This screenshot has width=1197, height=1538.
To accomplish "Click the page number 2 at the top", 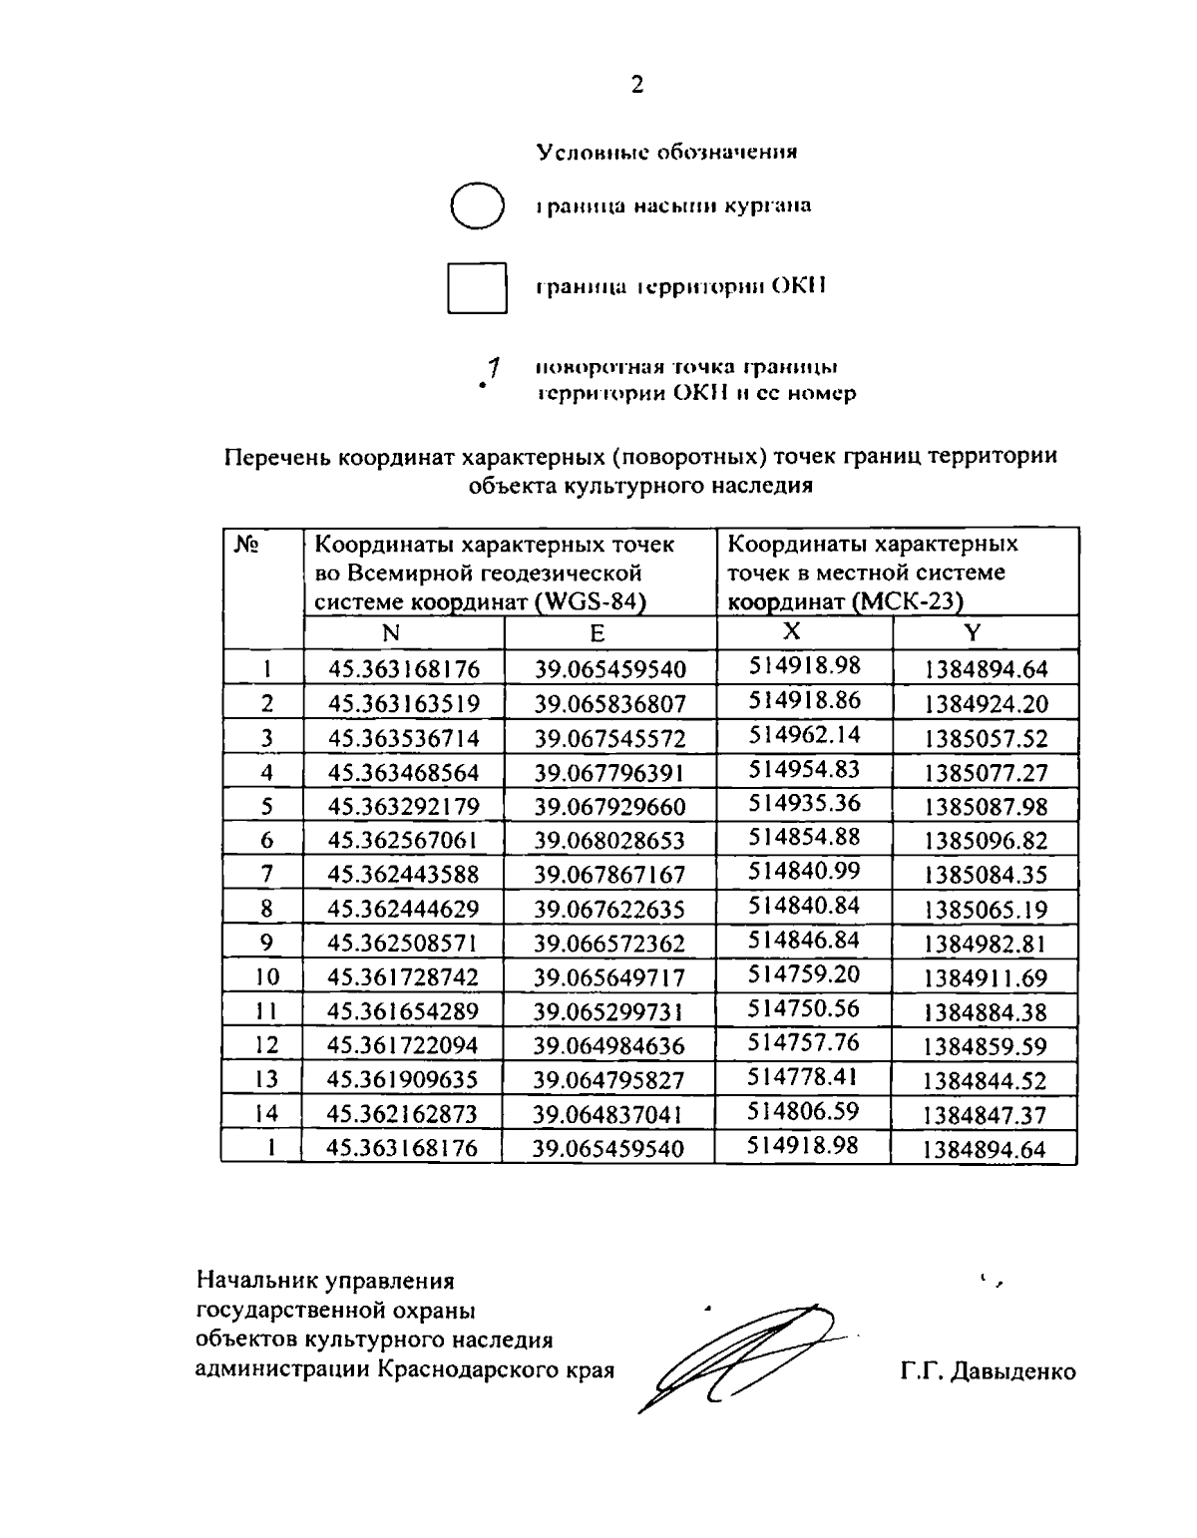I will pyautogui.click(x=637, y=85).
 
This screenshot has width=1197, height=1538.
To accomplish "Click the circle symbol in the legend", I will pyautogui.click(x=475, y=205).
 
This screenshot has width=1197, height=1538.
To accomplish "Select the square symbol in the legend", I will pyautogui.click(x=477, y=287).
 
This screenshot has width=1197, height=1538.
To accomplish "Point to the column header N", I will pyautogui.click(x=391, y=632).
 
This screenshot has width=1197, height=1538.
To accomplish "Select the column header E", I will pyautogui.click(x=597, y=632).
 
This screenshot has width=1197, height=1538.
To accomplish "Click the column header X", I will pyautogui.click(x=791, y=630).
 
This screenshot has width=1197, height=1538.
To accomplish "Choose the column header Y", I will pyautogui.click(x=973, y=632).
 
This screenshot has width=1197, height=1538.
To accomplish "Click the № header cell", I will pyautogui.click(x=248, y=545).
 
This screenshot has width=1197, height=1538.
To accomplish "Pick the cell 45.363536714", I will pyautogui.click(x=404, y=738).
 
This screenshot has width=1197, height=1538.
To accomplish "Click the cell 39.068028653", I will pyautogui.click(x=609, y=841).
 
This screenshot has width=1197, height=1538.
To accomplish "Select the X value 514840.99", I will pyautogui.click(x=804, y=871).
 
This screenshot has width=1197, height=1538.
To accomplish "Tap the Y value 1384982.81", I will pyautogui.click(x=986, y=944).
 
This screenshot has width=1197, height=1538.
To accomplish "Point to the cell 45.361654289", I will pyautogui.click(x=404, y=1011).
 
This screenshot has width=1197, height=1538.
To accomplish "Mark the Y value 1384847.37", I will pyautogui.click(x=986, y=1114).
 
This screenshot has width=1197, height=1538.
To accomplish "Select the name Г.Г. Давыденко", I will pyautogui.click(x=988, y=1371).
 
